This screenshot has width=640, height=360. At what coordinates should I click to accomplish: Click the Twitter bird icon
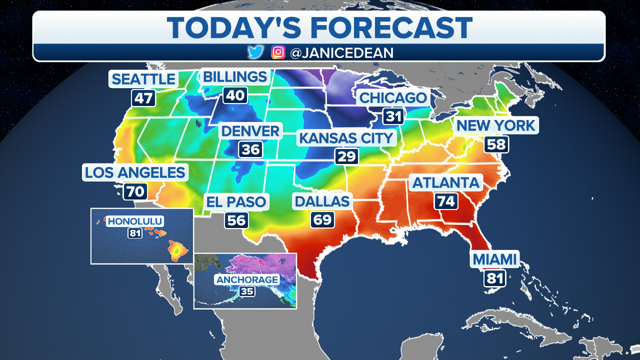pos(255,52)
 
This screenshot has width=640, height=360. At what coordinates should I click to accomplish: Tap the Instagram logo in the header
pos(278,52)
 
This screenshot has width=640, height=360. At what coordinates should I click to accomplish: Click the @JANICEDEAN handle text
pos(341,52)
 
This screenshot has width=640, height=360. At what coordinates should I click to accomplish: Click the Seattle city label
pos(143,79)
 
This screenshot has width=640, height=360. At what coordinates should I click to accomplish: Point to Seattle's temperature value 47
pos(143,98)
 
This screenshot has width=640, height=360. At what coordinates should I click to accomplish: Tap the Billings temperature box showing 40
pos(235,95)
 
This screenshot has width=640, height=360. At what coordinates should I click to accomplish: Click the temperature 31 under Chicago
pos(393,116)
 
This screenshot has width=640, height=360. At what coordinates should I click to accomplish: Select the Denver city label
pos(250,131)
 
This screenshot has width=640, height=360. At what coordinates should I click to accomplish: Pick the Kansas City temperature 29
pos(346,156)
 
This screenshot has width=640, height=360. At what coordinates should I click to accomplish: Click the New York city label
pos(496,125)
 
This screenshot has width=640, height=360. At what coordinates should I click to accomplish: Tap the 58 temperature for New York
pos(496,144)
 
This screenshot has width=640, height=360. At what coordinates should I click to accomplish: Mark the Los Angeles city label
pos(135,172)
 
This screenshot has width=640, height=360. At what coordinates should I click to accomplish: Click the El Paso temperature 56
pos(236,220)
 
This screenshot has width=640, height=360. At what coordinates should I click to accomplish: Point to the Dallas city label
pos(322,201)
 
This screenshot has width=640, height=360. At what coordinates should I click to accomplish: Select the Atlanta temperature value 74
pos(446,201)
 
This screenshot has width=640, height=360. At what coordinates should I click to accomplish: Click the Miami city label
pos(494,259)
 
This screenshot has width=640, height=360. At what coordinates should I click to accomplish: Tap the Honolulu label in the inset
pos(135,221)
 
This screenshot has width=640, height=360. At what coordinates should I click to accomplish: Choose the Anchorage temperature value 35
pos(247,291)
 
